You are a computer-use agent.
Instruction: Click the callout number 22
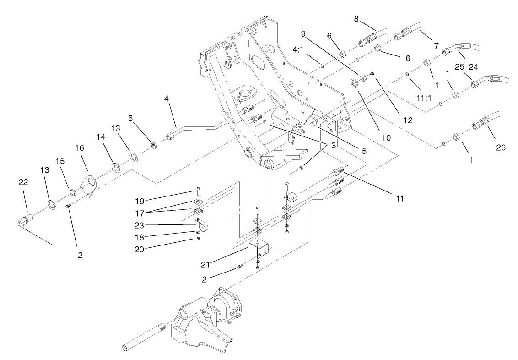[x=23, y=182]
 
